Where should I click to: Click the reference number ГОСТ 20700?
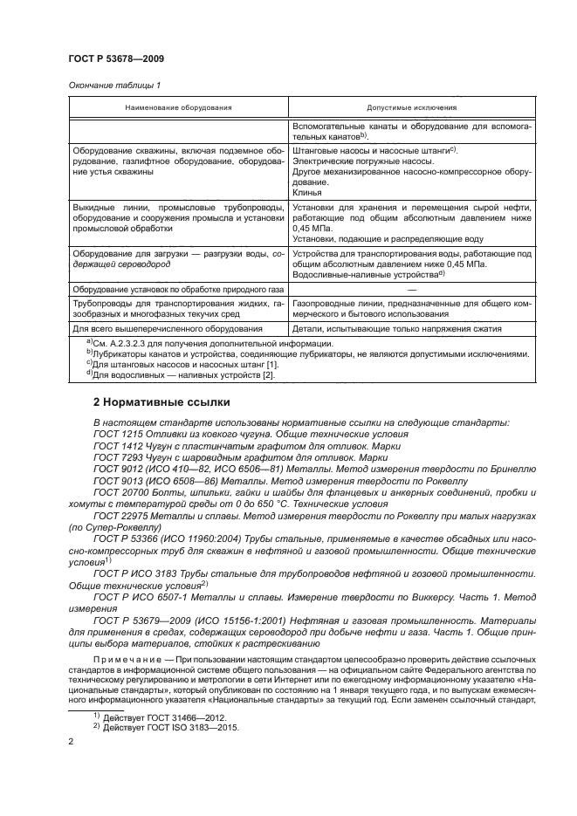(120, 492)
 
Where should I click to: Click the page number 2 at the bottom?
(71, 741)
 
